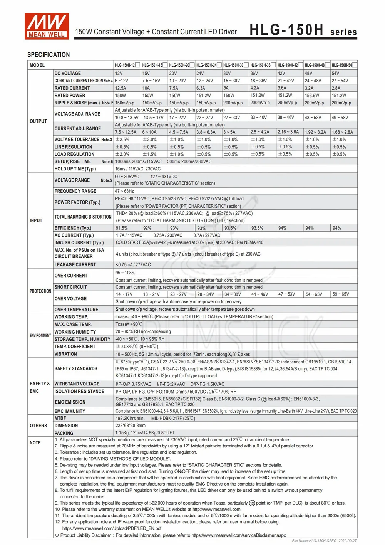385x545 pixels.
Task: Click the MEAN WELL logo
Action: coord(47,26)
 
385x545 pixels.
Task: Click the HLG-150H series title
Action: coord(303,30)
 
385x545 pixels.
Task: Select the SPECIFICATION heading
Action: coord(49,55)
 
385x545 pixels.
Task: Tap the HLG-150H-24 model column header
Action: coord(206,65)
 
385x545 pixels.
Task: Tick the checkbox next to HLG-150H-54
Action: coord(355,65)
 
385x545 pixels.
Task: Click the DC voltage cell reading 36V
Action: coord(254,73)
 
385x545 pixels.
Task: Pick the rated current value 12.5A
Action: coord(121,88)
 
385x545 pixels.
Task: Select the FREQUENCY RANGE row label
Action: coord(75,191)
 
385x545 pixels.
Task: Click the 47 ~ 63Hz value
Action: coord(124,191)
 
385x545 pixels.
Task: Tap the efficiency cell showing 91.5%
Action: coord(122,228)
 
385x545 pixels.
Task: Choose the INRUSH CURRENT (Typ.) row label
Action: coord(79,243)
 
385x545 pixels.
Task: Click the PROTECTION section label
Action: coord(40,291)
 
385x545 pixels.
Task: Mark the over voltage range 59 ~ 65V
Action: coord(341,294)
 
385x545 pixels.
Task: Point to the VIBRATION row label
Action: coord(66,354)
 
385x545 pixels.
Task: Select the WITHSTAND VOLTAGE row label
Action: coord(77,384)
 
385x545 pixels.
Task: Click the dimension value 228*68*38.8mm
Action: coord(131,426)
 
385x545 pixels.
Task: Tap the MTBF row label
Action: coord(60,418)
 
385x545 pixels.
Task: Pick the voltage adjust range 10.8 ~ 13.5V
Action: coord(127,118)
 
